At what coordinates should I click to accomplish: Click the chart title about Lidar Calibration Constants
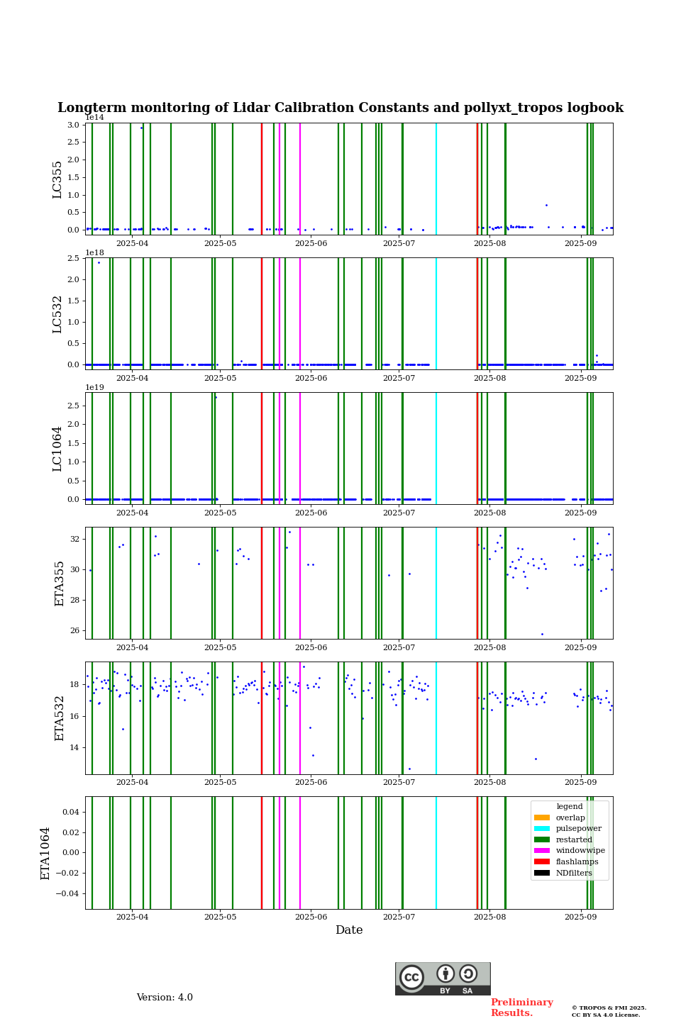pos(340,108)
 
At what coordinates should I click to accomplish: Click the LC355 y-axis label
pos(57,179)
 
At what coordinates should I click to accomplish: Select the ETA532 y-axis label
pos(60,718)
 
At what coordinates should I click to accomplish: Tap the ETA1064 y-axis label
pos(45,853)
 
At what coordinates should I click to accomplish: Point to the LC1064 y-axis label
pos(57,448)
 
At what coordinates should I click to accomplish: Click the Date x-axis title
pos(349,930)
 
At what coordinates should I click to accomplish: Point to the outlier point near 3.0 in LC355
pos(141,128)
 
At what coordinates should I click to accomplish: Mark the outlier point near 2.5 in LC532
pos(99,262)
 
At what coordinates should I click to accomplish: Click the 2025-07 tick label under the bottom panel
pos(399,917)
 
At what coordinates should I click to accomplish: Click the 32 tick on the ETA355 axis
pos(76,539)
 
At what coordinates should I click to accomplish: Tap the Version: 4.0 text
pos(165,998)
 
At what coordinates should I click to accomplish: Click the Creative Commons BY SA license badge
pos(443,978)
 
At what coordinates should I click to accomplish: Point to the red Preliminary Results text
pos(521,1008)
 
